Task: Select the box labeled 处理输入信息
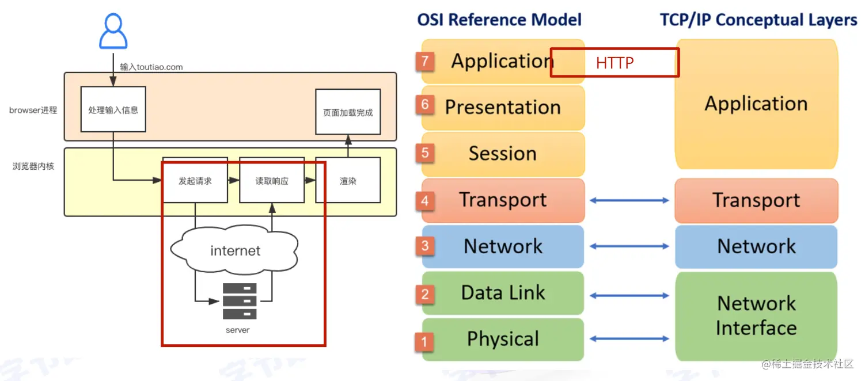click(x=113, y=109)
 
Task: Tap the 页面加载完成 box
click(x=348, y=112)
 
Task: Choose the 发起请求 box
click(x=195, y=181)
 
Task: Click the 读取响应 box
click(x=272, y=181)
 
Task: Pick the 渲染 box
click(x=348, y=181)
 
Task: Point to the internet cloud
click(x=235, y=250)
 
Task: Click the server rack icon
click(x=240, y=301)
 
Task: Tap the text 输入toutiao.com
click(x=151, y=67)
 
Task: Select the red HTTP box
click(x=614, y=63)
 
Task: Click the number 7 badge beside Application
click(x=425, y=61)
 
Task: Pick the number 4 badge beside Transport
click(x=425, y=201)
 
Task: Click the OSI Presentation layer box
click(x=503, y=108)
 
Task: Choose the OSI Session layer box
click(x=503, y=154)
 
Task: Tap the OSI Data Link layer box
click(x=503, y=293)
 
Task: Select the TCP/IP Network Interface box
click(x=756, y=315)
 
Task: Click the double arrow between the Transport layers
click(x=629, y=200)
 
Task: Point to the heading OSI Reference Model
click(x=499, y=20)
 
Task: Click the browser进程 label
click(x=33, y=110)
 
